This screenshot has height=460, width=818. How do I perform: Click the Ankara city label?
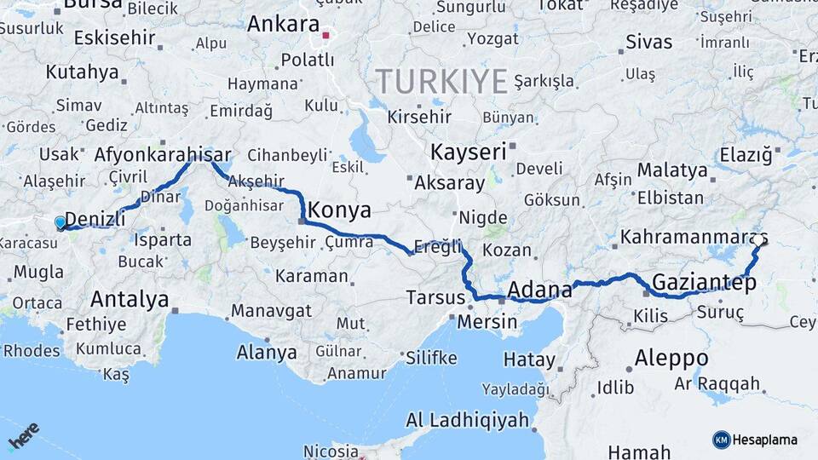point(282,24)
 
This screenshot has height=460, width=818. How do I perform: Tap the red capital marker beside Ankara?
point(325,36)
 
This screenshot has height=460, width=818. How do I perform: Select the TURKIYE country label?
point(442,81)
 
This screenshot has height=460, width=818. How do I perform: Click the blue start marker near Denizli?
point(60,223)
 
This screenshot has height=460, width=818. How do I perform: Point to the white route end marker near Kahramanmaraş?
point(758,240)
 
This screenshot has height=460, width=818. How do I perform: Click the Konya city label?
point(339,210)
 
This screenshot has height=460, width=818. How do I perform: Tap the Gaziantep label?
point(704,283)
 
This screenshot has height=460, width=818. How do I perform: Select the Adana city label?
point(539,290)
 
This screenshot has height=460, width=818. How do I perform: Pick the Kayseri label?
point(468,152)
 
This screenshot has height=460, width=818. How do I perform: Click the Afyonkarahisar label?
point(163,156)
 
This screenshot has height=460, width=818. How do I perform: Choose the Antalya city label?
point(130,299)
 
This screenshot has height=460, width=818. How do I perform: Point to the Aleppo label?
point(671,357)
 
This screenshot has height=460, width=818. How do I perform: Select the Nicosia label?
point(332,451)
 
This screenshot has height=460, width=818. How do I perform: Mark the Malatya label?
point(672,170)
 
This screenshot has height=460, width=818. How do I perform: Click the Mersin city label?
point(487,322)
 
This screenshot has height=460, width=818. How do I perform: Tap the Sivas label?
point(648,41)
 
